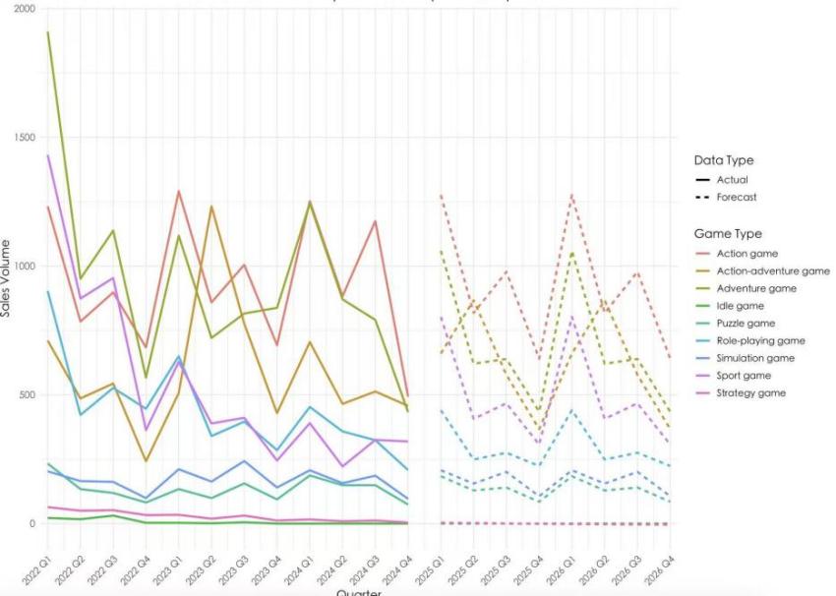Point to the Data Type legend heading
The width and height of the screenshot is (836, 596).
[723, 160]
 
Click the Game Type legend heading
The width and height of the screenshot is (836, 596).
[728, 234]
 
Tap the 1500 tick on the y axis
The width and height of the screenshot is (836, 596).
[23, 138]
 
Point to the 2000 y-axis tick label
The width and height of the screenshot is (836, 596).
[23, 9]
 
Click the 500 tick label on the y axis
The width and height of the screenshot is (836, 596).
[26, 395]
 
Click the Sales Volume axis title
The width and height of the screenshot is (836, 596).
[7, 277]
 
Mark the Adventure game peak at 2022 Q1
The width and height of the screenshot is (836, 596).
[48, 32]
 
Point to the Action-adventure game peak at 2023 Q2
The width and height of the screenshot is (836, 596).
[209, 207]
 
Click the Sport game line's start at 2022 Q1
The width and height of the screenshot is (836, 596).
[48, 155]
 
